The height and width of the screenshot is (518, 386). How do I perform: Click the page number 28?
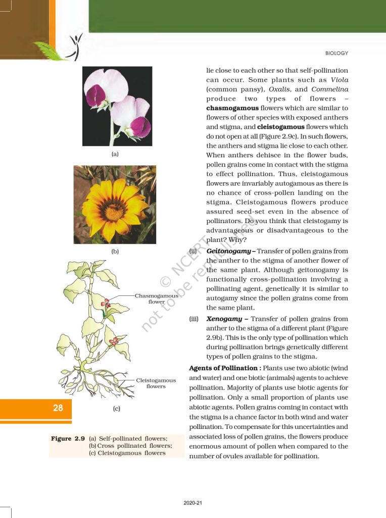(x=58, y=408)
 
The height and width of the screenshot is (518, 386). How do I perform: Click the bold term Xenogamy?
(x=225, y=319)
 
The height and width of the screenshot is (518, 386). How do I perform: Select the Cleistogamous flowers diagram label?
(x=156, y=383)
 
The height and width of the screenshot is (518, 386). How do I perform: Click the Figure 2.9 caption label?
(x=68, y=439)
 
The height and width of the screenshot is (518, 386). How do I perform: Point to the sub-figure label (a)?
(x=115, y=154)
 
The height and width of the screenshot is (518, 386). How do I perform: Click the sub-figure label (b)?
(x=115, y=251)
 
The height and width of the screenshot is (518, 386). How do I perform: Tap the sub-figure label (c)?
(x=116, y=408)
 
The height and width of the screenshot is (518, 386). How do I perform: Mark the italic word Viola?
(x=339, y=80)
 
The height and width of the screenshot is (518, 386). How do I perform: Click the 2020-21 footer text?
(x=193, y=503)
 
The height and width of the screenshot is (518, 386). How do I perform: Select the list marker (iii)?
(x=194, y=319)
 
